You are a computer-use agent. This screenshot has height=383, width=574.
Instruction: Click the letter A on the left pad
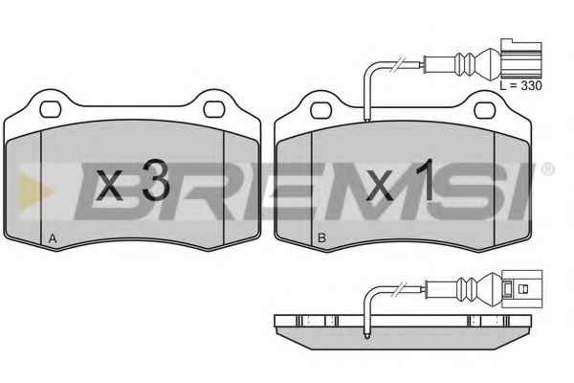(x=53, y=239)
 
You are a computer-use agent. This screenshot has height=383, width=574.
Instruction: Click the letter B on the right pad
(x=321, y=238)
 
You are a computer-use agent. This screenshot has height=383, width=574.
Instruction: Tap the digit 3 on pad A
(x=156, y=181)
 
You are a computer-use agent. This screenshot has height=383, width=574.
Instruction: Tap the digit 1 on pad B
(x=426, y=180)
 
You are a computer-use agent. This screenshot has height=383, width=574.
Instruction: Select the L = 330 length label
(x=521, y=86)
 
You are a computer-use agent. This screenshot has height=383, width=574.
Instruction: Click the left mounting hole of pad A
(x=50, y=109)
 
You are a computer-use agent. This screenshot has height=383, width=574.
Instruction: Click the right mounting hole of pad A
(x=213, y=109)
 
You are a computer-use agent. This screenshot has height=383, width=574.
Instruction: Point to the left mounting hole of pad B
(x=321, y=110)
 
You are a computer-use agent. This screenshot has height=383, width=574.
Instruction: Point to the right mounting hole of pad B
(x=485, y=110)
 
